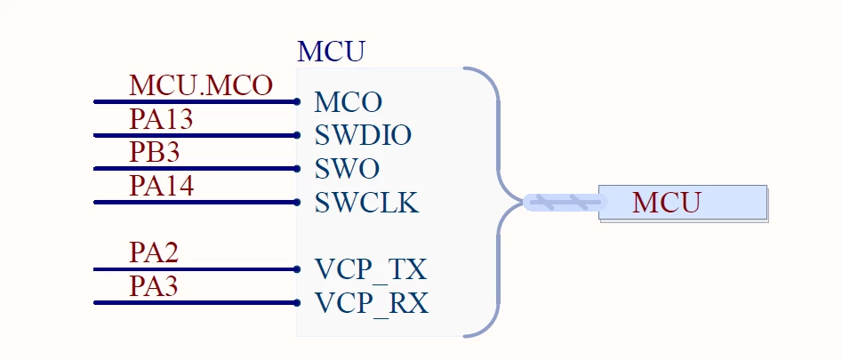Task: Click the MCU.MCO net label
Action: pos(201,86)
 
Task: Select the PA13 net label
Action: pos(161,119)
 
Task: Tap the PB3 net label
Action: pos(155,152)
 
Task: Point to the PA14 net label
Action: pos(162,186)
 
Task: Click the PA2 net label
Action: pos(154,252)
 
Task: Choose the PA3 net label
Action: pos(154,286)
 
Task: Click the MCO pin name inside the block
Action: pos(348,102)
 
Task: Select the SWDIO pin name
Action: pos(363,136)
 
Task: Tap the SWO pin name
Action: pos(347,170)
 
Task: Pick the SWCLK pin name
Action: pos(367,203)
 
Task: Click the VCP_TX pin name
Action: pos(371,270)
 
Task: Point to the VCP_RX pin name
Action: pos(372,304)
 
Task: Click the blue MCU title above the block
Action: pos(331,52)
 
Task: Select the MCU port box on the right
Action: pos(683,203)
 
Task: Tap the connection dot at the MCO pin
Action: pos(297,101)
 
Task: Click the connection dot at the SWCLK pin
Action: pos(297,203)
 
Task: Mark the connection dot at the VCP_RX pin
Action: pos(297,302)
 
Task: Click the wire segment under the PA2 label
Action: pos(196,269)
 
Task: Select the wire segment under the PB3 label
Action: pos(196,169)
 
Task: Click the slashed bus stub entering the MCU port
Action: pos(564,203)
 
